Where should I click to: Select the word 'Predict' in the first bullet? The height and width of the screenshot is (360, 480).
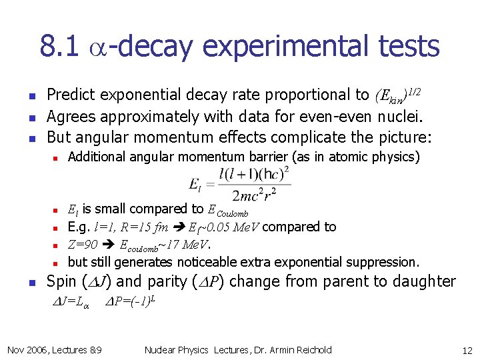(x=70, y=95)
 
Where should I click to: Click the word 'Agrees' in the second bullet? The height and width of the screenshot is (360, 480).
(x=71, y=117)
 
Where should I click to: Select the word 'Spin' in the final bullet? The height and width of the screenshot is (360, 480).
(x=61, y=281)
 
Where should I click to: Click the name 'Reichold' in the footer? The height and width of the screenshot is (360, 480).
(x=311, y=350)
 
